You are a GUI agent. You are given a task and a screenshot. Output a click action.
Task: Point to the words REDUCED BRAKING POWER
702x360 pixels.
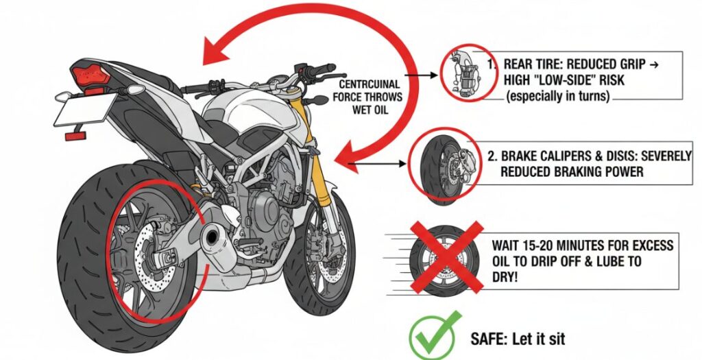[572, 172]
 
